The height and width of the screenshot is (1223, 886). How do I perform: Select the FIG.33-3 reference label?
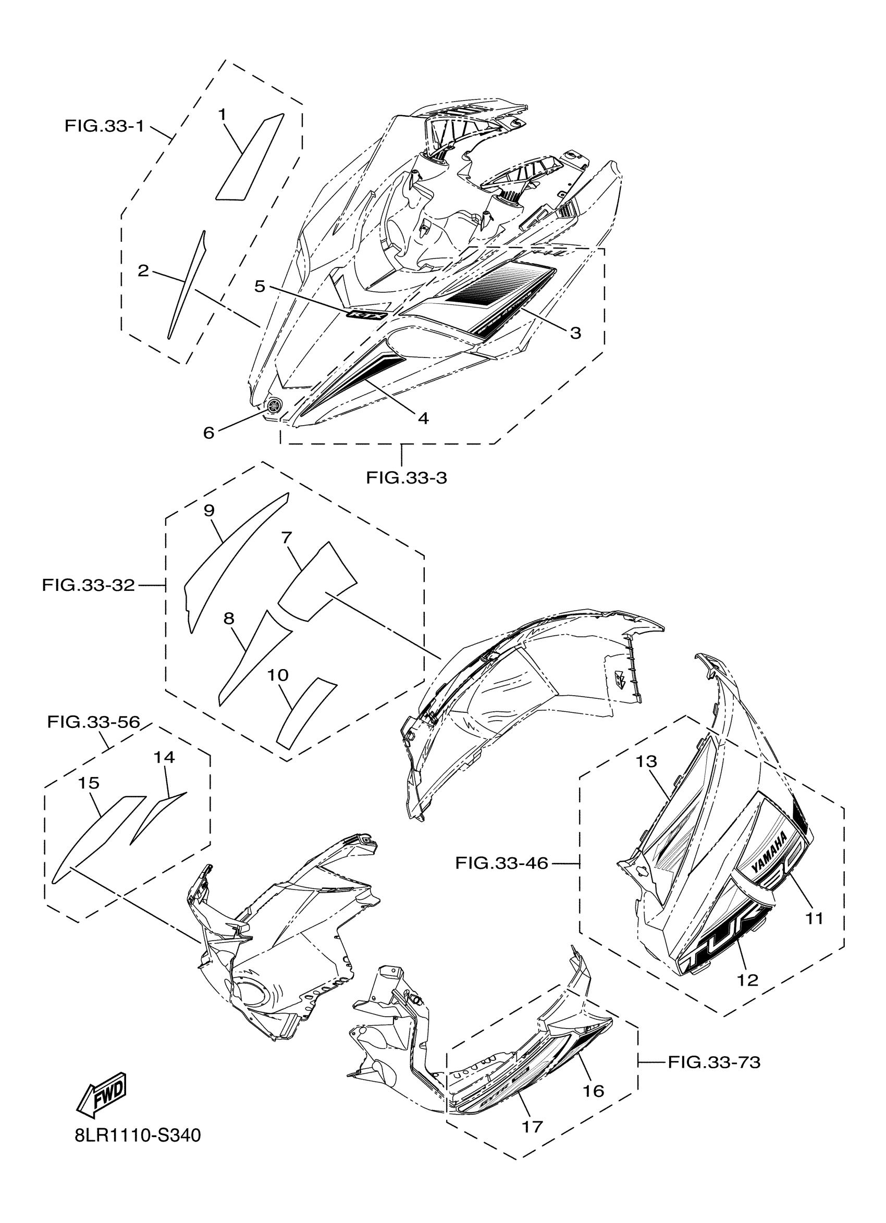(406, 478)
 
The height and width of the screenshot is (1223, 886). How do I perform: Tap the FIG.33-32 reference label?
(88, 585)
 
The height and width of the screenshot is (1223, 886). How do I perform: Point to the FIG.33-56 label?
(93, 722)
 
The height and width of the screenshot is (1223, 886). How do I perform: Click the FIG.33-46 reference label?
(501, 863)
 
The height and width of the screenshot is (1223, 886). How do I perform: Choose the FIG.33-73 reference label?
(714, 1063)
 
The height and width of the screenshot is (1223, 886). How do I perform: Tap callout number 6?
(208, 433)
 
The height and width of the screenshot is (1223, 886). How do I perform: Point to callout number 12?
(747, 980)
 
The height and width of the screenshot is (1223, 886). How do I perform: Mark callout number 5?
(260, 286)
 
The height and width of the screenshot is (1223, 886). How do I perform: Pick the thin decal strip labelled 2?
(186, 286)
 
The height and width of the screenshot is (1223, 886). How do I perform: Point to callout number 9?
(209, 510)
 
